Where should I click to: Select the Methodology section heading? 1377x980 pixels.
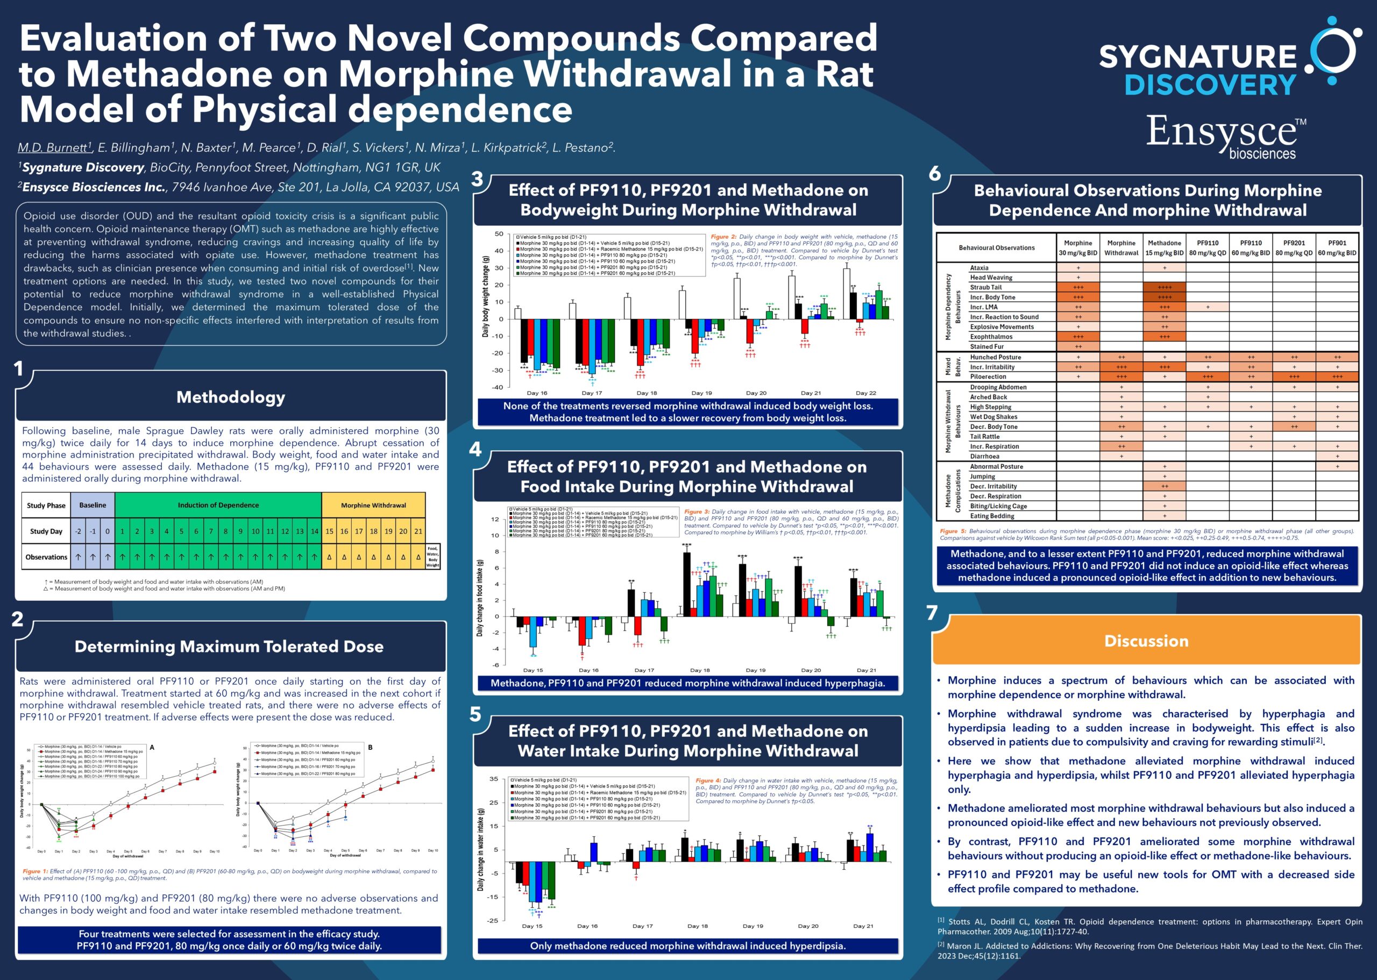pos(231,397)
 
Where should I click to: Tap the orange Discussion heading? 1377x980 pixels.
pos(1146,641)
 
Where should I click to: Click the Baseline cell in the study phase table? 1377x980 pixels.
pos(93,505)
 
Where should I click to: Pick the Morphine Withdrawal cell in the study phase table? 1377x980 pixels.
pos(373,505)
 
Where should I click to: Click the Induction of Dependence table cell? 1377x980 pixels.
pos(218,505)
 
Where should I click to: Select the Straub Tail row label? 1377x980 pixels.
pos(985,287)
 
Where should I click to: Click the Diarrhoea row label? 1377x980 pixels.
pos(984,456)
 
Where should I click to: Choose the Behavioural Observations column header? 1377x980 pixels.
pos(996,248)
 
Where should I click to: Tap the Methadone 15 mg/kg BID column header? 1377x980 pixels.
pos(1164,248)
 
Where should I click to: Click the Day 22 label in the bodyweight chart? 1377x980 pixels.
pos(865,393)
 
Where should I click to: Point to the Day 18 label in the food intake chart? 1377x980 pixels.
pos(699,670)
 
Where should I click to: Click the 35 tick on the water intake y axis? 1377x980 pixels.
pos(494,779)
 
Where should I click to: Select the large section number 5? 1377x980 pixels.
pos(475,714)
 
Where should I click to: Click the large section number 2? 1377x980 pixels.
pos(18,619)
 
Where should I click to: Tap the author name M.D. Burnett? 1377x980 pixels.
pos(53,148)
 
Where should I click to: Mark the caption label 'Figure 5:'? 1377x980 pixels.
pos(953,531)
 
